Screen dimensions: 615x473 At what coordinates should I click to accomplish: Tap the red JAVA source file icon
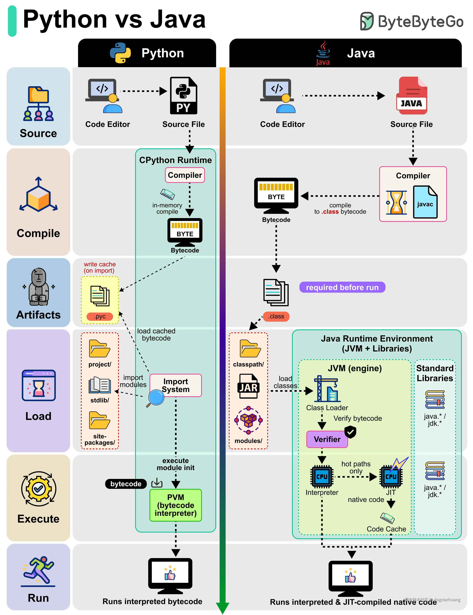[412, 96]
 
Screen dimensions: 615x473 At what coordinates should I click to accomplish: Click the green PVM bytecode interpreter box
[176, 505]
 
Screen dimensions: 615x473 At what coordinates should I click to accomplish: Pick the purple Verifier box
[327, 439]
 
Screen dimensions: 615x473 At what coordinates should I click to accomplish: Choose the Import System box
[176, 385]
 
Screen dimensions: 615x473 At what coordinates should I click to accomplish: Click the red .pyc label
[100, 316]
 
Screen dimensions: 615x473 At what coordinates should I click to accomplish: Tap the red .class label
[276, 316]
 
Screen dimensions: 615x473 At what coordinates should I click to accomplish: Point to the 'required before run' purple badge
[342, 287]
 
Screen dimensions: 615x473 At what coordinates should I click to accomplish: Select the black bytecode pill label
[126, 484]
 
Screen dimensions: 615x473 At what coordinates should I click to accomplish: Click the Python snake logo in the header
[120, 53]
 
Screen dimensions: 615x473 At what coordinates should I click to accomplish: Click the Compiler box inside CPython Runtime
[185, 175]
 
